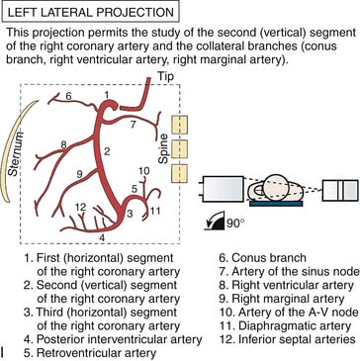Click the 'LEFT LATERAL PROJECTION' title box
pos(90,13)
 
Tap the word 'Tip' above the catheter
pos(165,77)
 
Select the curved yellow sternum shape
pos(21,150)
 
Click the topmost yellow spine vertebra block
pos(179,125)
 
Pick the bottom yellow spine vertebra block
pos(179,173)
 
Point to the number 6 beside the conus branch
pos(68,96)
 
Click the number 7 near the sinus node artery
pos(134,125)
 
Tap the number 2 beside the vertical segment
pos(107,152)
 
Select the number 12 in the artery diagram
pos(81,208)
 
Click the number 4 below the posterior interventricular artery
pos(104,237)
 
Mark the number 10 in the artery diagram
pos(143,171)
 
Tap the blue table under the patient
pos(276,204)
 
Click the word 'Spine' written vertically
pos(164,149)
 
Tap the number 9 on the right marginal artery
pos(79,175)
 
